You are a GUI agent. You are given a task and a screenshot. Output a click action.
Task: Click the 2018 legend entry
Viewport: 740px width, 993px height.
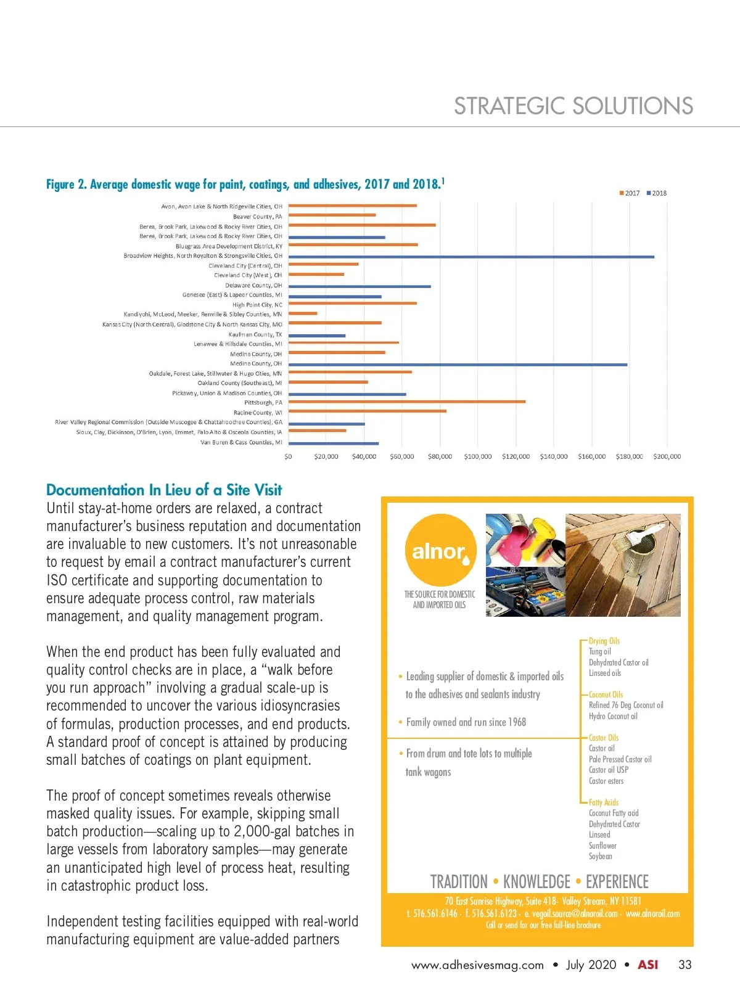pyautogui.click(x=657, y=193)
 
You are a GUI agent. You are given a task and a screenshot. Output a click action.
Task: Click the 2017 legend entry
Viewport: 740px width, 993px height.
pyautogui.click(x=630, y=193)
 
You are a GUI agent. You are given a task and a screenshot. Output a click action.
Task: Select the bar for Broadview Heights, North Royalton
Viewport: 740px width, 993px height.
pyautogui.click(x=471, y=257)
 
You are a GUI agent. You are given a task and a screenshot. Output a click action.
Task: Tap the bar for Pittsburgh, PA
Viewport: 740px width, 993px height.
pyautogui.click(x=407, y=402)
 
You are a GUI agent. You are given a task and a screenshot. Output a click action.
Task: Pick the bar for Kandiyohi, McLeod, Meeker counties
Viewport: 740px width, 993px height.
pyautogui.click(x=303, y=313)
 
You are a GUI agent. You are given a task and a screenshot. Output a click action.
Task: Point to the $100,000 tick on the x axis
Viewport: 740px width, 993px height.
pyautogui.click(x=478, y=456)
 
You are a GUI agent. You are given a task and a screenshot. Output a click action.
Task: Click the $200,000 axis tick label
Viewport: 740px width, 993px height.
pyautogui.click(x=667, y=456)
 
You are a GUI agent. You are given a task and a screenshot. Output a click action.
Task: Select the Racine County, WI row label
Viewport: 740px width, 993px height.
pyautogui.click(x=258, y=413)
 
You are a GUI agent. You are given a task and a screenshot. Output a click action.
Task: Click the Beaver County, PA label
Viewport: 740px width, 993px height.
pyautogui.click(x=257, y=216)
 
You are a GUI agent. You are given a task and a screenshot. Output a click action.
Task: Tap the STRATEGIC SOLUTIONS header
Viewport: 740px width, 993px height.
pyautogui.click(x=573, y=106)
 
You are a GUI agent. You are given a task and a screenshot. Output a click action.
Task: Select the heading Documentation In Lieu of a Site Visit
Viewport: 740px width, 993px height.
pyautogui.click(x=164, y=490)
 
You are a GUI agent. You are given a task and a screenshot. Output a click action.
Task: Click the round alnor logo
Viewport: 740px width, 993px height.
pyautogui.click(x=440, y=550)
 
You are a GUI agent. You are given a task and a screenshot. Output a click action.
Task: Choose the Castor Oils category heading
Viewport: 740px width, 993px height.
pyautogui.click(x=603, y=738)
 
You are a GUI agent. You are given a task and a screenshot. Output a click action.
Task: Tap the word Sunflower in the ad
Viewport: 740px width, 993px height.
pyautogui.click(x=602, y=846)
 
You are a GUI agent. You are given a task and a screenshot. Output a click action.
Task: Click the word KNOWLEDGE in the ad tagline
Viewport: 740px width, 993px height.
pyautogui.click(x=536, y=881)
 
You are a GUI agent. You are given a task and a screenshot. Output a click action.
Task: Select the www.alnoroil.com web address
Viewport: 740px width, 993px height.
pyautogui.click(x=652, y=913)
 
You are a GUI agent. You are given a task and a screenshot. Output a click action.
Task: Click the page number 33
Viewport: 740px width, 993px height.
pyautogui.click(x=684, y=965)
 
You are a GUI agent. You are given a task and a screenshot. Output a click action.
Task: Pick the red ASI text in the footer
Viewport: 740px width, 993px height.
pyautogui.click(x=647, y=965)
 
